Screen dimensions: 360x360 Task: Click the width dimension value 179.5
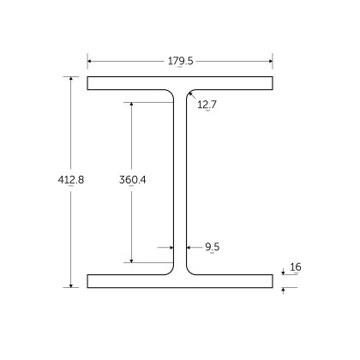click(180, 61)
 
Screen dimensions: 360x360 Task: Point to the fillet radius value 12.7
click(207, 105)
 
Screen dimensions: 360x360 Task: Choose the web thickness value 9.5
click(213, 247)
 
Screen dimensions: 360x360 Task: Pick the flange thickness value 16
click(296, 267)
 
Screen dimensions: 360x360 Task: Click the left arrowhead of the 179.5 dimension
click(90, 61)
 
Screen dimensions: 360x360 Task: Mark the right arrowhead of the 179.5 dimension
click(270, 61)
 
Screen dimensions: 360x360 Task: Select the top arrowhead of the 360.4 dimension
click(131, 105)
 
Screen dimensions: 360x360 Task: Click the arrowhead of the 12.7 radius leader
click(189, 93)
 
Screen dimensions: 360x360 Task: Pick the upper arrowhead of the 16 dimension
click(283, 273)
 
